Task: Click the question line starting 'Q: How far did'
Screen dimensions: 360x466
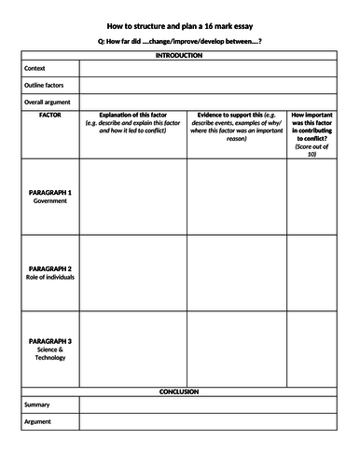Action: (x=179, y=43)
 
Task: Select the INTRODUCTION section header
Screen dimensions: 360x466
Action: (x=180, y=56)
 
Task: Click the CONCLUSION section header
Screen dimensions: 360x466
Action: (x=180, y=392)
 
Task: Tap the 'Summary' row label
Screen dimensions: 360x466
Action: (x=37, y=405)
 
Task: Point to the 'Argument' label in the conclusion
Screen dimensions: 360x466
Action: (x=38, y=422)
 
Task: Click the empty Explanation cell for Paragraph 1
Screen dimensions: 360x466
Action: (x=132, y=197)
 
